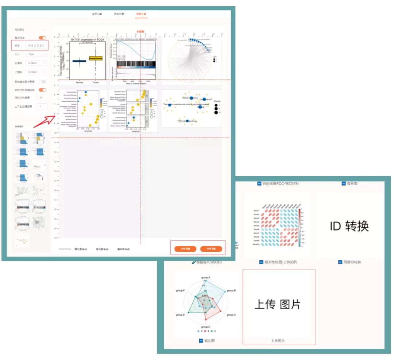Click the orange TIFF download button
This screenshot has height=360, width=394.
185,249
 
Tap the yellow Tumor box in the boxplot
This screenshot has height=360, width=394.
96,58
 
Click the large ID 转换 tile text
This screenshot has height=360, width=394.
349,226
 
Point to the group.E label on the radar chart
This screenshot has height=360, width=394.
181,315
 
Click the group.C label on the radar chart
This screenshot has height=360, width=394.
231,315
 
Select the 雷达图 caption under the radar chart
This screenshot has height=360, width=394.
209,341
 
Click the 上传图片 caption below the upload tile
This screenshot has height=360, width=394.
278,341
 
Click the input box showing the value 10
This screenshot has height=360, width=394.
42,97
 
